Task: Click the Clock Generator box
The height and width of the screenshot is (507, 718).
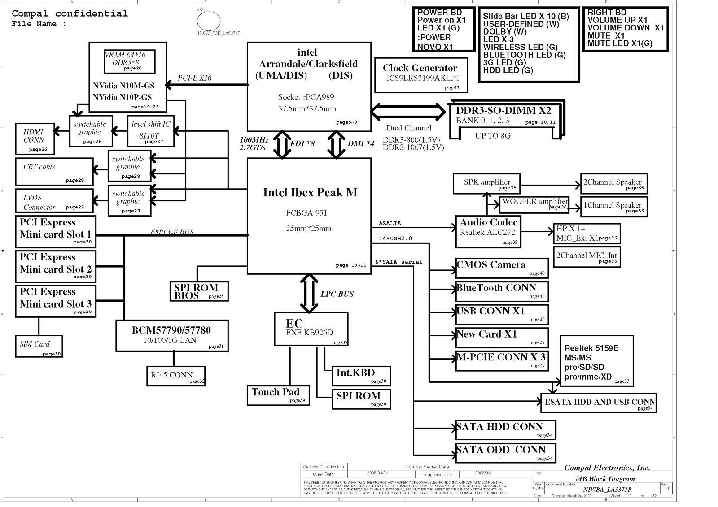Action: pos(420,75)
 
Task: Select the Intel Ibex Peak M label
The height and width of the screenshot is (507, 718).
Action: pos(310,193)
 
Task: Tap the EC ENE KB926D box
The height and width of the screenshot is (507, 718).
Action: pos(311,329)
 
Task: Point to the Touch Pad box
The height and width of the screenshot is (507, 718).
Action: pos(278,394)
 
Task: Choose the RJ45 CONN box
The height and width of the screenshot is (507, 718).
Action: pos(175,376)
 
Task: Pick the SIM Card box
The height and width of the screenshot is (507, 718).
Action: pos(39,346)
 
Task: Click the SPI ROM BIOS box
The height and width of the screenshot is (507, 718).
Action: pos(199,291)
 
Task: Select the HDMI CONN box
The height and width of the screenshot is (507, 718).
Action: pos(35,139)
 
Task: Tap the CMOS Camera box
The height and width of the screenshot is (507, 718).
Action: pos(502,268)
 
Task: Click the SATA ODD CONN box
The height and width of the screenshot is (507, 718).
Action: pos(505,452)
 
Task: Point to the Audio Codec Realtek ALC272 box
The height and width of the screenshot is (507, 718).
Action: pos(488,232)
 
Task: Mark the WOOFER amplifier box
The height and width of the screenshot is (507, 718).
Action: pos(534,204)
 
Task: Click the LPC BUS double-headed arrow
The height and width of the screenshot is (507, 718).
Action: pos(309,293)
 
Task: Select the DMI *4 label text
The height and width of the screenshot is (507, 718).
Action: pos(361,143)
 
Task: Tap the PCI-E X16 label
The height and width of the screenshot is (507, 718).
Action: pos(194,78)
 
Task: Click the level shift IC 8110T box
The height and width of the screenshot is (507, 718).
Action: pos(150,131)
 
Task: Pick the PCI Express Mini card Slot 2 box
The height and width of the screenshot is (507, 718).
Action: pos(56,266)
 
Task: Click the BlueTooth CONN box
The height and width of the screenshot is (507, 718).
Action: pos(502,291)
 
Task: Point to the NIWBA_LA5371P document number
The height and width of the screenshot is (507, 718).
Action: pos(607,489)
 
